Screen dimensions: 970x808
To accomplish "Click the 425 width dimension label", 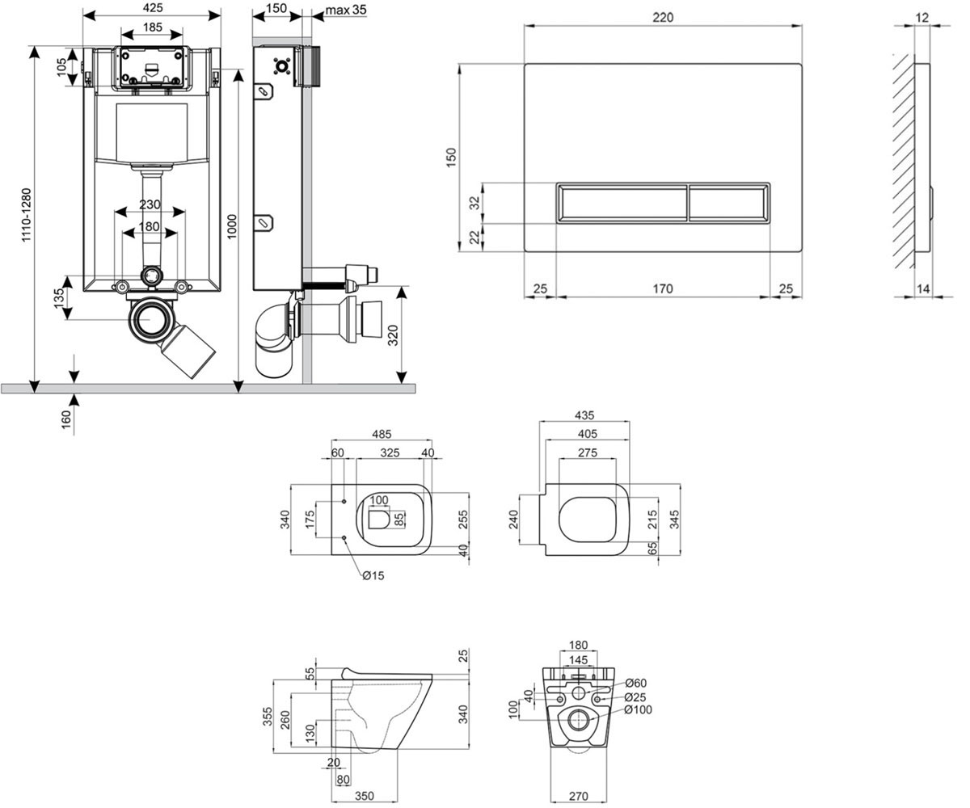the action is (x=153, y=8).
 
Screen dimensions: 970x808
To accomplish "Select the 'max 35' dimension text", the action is (x=346, y=9).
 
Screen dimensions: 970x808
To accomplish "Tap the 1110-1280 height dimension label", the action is (x=26, y=215).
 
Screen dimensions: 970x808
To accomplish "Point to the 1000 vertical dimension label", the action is (x=231, y=226).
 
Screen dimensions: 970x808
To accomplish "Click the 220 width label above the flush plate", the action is (x=663, y=17).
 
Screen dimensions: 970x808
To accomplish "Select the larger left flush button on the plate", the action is (x=622, y=203).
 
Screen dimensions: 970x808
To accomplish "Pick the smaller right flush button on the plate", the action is (x=728, y=203).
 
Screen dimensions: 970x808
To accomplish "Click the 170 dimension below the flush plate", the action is (x=663, y=288).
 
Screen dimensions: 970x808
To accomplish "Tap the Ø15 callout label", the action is (x=373, y=575).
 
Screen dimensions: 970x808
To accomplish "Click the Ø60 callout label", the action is (x=635, y=683).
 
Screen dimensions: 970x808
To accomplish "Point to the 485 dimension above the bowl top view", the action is (x=382, y=434).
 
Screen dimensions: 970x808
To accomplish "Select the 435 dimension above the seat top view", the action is (x=584, y=415).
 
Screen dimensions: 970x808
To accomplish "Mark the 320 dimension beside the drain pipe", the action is (x=393, y=335).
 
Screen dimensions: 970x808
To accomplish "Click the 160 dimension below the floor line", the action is (x=66, y=420).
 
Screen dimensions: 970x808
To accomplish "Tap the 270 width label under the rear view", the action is (x=579, y=797).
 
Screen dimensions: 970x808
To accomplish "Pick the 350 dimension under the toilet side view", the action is (x=365, y=797).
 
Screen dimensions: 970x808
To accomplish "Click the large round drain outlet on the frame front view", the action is (x=150, y=319).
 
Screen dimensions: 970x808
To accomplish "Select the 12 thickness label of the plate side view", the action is (x=922, y=17).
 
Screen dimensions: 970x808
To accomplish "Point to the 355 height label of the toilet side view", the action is (x=268, y=717).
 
